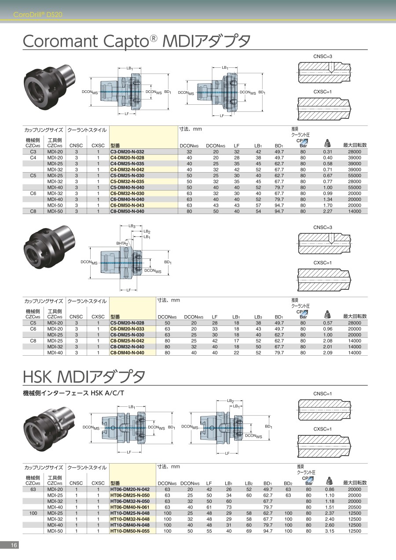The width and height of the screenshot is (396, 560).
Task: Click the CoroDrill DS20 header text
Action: (x=38, y=15)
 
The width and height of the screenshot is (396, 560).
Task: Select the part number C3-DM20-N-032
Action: (x=127, y=152)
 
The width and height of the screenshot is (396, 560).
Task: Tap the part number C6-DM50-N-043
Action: (x=127, y=205)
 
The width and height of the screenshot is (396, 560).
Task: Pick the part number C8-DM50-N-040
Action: (x=127, y=211)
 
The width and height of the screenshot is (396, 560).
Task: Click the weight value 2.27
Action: (x=327, y=211)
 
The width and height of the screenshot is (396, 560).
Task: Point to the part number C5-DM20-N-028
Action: (x=127, y=323)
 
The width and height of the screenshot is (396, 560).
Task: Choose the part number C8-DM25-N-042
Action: (x=127, y=341)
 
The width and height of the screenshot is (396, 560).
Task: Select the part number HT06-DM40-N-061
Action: (x=130, y=507)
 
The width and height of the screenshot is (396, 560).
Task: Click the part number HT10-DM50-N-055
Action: (x=130, y=531)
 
